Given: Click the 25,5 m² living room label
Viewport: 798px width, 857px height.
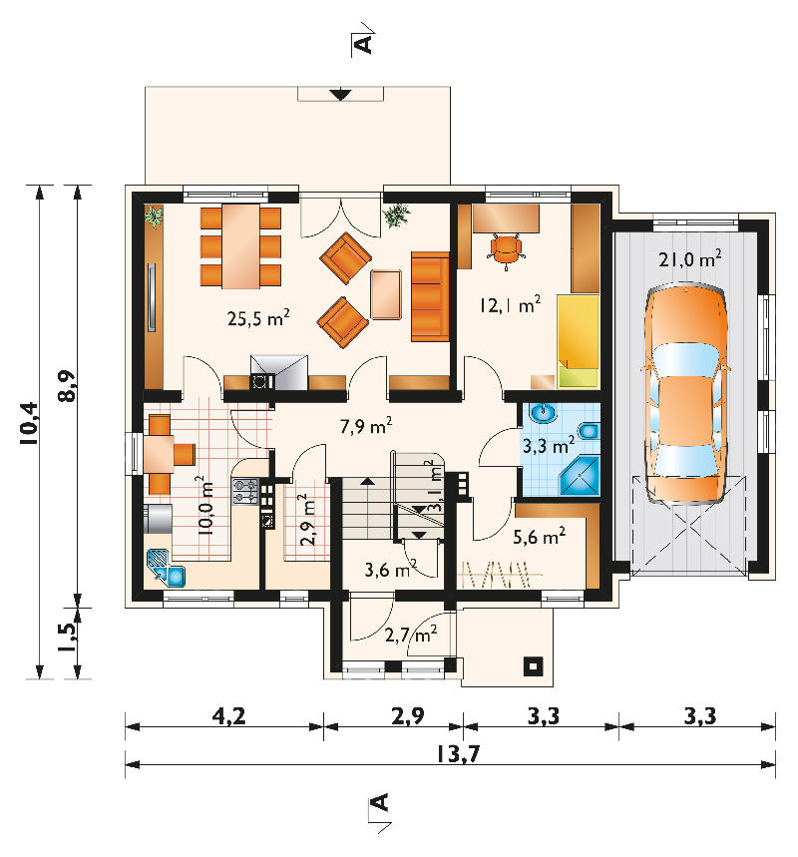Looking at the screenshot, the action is tap(258, 318).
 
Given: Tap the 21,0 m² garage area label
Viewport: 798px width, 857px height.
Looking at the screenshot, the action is tap(690, 258).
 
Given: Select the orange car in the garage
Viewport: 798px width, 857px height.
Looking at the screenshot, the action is tap(686, 393).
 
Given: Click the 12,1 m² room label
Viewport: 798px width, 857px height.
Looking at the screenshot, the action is tap(511, 304).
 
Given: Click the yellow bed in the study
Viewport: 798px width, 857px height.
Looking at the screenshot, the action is tap(579, 341).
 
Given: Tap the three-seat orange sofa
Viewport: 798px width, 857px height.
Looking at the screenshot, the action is tap(430, 296).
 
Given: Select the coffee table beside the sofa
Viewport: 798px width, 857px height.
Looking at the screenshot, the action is tap(386, 294).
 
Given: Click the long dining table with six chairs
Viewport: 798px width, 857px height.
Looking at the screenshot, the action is tap(240, 246).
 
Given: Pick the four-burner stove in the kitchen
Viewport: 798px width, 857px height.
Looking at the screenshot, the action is tap(245, 491).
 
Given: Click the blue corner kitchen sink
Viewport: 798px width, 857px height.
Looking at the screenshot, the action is tap(166, 569).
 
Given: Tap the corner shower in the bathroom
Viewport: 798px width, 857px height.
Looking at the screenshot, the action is tap(580, 476).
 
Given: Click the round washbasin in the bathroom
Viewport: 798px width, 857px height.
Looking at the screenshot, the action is tap(544, 414).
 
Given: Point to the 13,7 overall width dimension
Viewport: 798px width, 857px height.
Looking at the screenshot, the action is tap(458, 754).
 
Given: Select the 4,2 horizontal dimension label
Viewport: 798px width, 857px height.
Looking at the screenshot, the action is tap(228, 716).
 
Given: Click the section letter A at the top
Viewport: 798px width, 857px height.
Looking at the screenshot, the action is tap(363, 44).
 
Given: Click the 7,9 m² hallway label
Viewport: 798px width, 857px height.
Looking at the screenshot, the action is tap(366, 426).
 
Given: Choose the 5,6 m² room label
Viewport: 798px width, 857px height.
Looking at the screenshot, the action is tap(539, 537).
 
